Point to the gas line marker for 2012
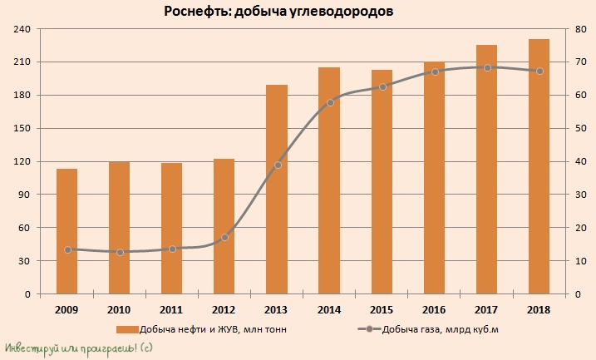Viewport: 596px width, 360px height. (224, 238)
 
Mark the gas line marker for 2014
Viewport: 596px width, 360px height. (330, 102)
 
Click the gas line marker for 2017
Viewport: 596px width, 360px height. (487, 67)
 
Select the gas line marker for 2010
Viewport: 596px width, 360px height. (120, 252)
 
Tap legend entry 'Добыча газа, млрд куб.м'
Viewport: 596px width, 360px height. (440, 329)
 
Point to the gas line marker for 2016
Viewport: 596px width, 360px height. (435, 72)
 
